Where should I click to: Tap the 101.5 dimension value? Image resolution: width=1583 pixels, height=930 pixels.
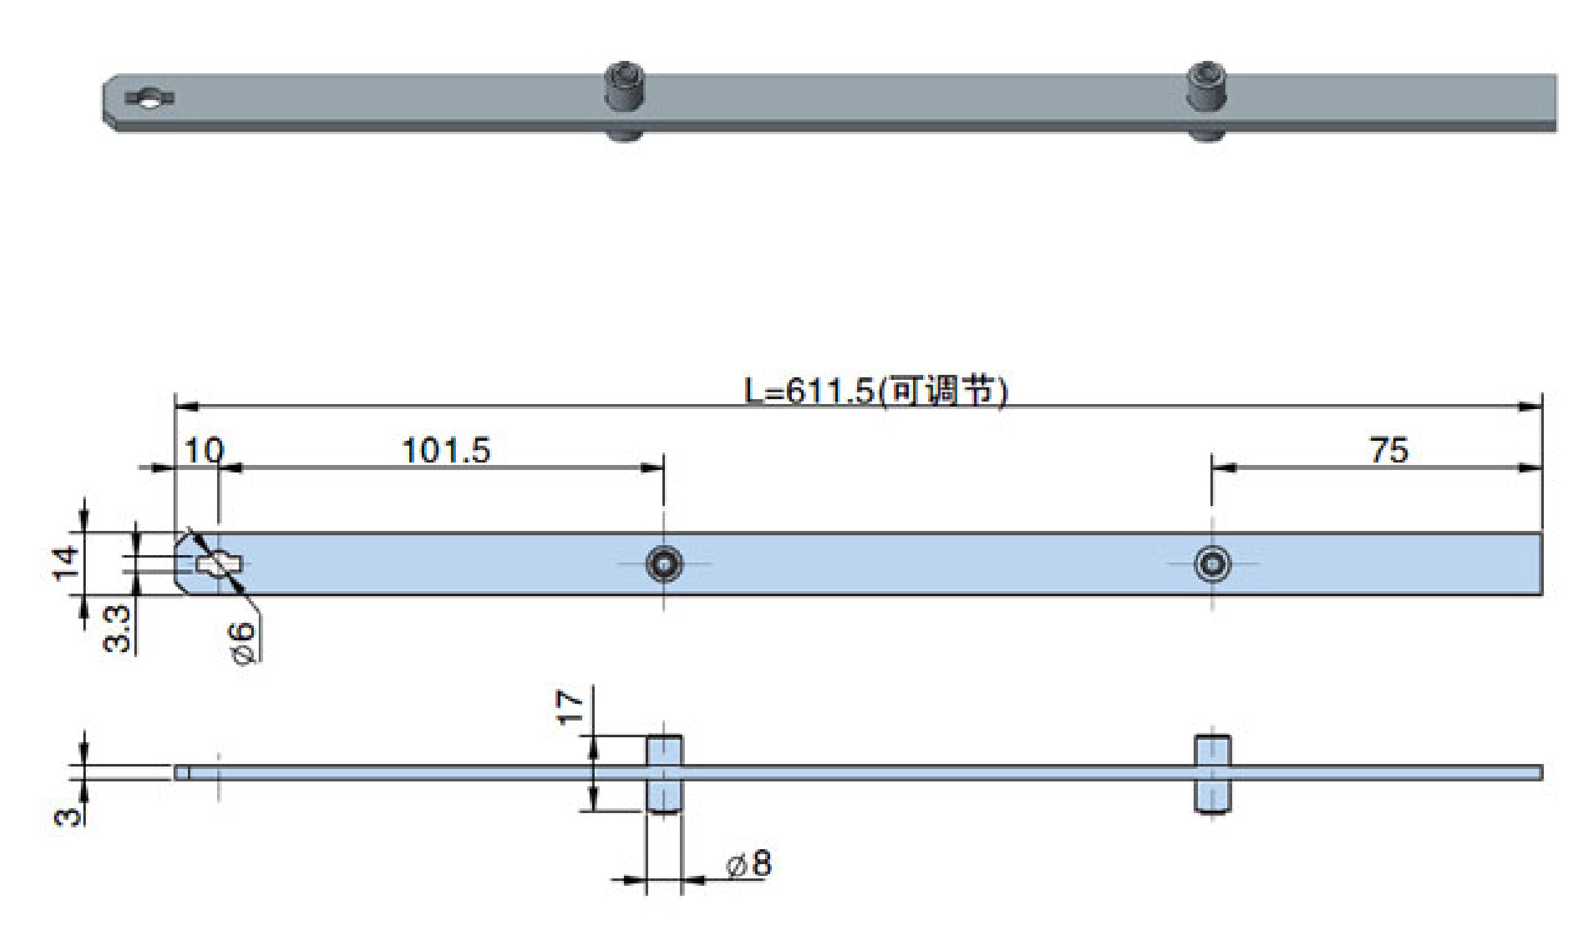coord(445,451)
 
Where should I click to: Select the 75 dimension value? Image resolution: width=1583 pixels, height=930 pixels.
coord(1389,451)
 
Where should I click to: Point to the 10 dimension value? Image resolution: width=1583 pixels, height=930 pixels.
coord(204,451)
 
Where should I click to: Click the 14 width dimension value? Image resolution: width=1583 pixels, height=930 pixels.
coord(66,563)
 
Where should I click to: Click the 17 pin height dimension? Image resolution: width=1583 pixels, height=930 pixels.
coord(570,707)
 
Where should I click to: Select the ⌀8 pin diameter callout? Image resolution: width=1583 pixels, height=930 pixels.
coord(749,864)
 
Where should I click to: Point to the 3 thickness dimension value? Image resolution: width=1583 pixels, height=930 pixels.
coord(68,816)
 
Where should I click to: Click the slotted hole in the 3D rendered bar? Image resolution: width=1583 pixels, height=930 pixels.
coord(149,99)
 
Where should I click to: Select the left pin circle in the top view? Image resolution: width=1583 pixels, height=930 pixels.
coord(664,564)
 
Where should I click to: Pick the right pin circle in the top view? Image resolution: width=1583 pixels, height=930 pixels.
coord(1212,564)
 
